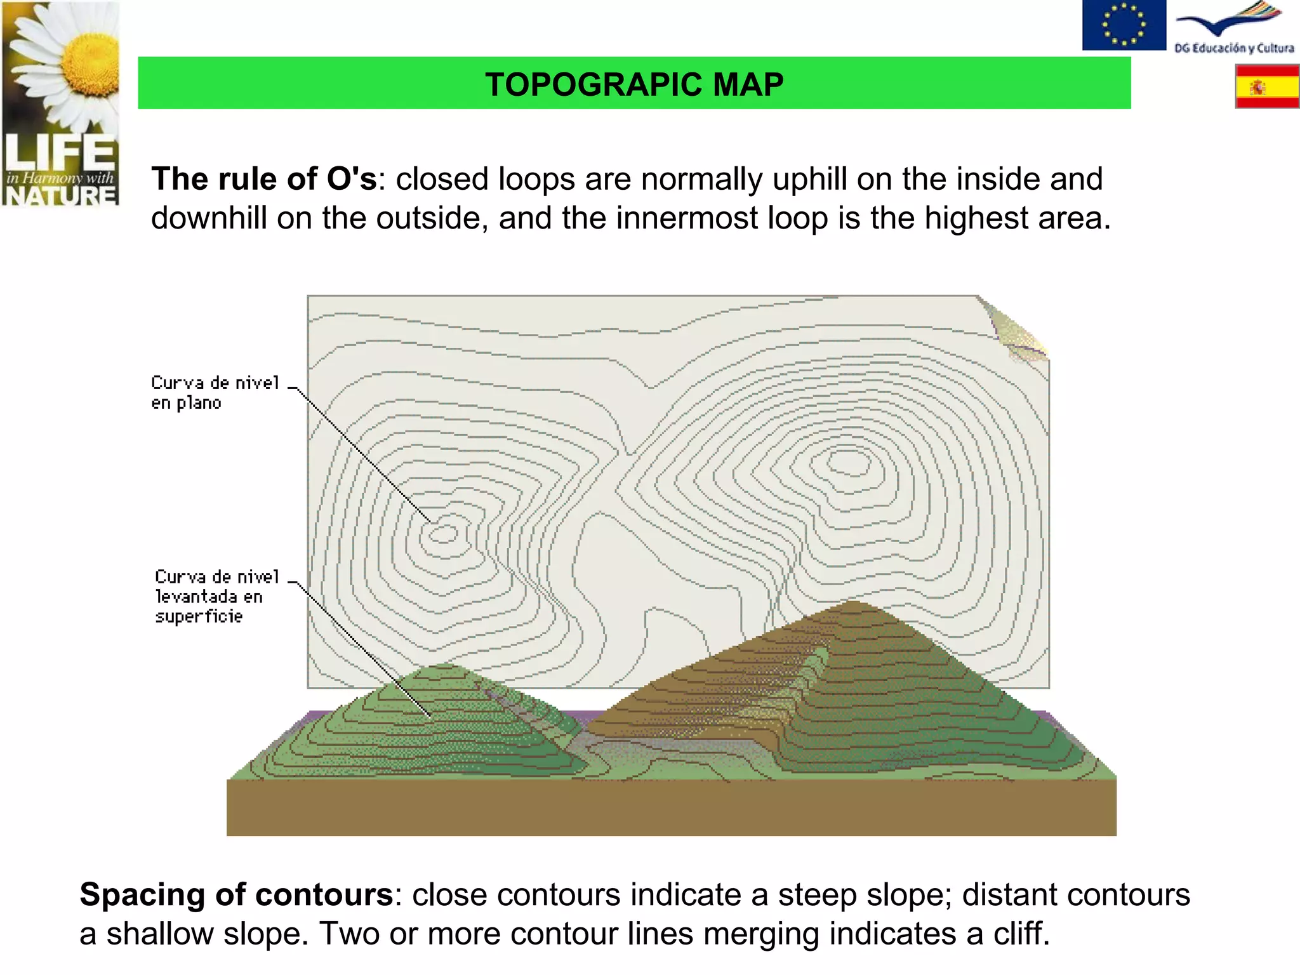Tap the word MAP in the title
748,84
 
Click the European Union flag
1124,25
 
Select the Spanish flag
1266,87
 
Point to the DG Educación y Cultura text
1233,48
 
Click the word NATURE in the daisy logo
60,196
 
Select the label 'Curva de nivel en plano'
215,392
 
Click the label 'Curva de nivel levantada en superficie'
216,596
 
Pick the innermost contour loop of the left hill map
443,534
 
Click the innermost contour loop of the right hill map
848,461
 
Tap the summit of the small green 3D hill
442,667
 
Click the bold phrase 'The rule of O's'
264,179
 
